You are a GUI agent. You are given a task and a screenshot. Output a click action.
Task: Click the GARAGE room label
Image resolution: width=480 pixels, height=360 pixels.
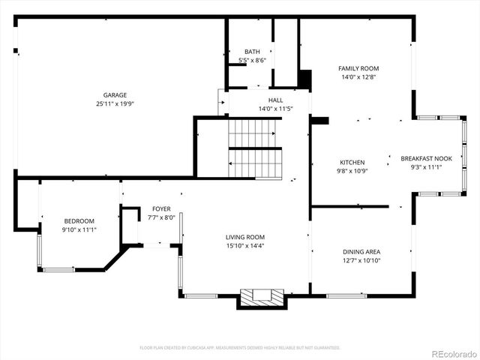tap(115, 95)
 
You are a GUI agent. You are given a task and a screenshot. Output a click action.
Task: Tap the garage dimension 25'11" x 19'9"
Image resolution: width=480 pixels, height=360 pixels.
tap(115, 104)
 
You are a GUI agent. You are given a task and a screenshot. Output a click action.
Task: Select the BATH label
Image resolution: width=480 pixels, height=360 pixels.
tap(251, 52)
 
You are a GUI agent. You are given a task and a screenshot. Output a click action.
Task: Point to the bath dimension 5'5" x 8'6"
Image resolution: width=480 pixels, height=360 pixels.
tap(251, 60)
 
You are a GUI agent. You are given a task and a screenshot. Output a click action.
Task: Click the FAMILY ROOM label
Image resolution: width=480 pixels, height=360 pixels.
tap(358, 68)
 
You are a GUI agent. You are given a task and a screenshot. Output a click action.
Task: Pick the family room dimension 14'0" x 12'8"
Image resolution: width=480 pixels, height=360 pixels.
tap(358, 76)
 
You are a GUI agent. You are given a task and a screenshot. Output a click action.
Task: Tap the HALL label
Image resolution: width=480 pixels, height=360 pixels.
tap(275, 100)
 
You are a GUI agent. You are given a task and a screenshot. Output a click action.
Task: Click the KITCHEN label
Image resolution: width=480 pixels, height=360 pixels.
tap(352, 162)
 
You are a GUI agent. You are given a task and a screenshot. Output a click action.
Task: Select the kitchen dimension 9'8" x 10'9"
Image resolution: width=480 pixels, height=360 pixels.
tap(352, 171)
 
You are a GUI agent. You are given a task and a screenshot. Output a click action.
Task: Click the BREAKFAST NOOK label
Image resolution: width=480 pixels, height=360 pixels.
tap(426, 158)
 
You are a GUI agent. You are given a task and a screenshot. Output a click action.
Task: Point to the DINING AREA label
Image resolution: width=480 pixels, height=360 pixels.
tap(361, 252)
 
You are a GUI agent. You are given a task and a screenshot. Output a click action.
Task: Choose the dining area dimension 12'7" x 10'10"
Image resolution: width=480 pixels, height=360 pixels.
tap(361, 261)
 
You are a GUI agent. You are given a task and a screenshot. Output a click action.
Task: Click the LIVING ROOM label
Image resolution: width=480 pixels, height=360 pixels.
tap(245, 236)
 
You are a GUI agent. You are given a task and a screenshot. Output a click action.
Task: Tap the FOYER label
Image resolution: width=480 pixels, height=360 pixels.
tap(161, 208)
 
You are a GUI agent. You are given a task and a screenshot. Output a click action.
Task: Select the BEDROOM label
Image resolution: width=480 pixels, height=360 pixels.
tap(79, 220)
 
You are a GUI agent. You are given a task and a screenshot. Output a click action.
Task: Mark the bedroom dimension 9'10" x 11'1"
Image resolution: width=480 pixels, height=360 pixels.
tap(79, 229)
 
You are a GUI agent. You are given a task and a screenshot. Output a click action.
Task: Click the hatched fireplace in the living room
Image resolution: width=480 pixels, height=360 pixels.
tap(262, 296)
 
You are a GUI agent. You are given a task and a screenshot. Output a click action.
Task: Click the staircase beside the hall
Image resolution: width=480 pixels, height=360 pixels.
tap(255, 148)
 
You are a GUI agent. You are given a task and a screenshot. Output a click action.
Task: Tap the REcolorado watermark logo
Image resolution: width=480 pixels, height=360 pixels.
tap(452, 353)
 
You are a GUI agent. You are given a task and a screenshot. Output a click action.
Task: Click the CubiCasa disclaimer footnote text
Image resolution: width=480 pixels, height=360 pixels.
tap(240, 347)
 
